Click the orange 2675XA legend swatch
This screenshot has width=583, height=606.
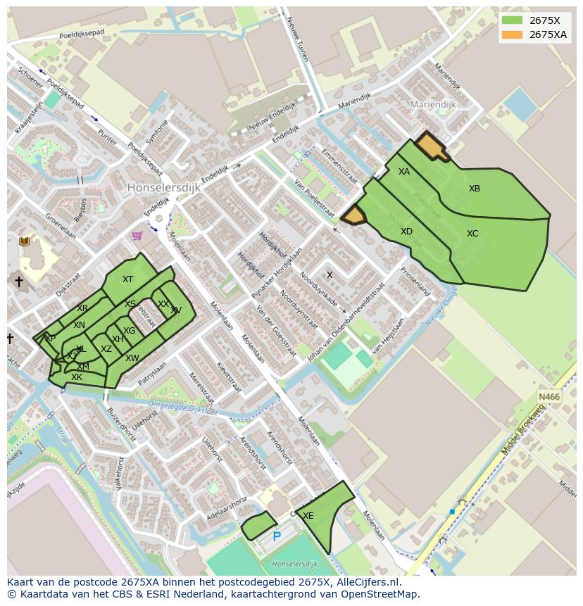click(x=512, y=34)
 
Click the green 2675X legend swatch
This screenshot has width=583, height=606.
click(x=512, y=20)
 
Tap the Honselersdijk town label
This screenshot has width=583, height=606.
click(x=164, y=188)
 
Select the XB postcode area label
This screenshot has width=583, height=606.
click(x=475, y=189)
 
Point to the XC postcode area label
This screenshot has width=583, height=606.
click(x=472, y=234)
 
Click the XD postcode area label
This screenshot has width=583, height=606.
click(x=406, y=232)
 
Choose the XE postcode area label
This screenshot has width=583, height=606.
click(x=308, y=516)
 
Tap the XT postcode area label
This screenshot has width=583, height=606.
click(x=127, y=279)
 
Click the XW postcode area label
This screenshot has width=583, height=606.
click(x=132, y=358)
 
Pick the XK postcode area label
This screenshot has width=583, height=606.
click(x=77, y=377)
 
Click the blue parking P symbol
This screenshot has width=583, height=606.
click(x=277, y=537)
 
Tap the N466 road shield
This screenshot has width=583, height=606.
click(x=549, y=398)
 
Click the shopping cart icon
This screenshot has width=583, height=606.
click(x=137, y=236)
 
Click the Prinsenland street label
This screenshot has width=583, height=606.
click(x=415, y=279)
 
